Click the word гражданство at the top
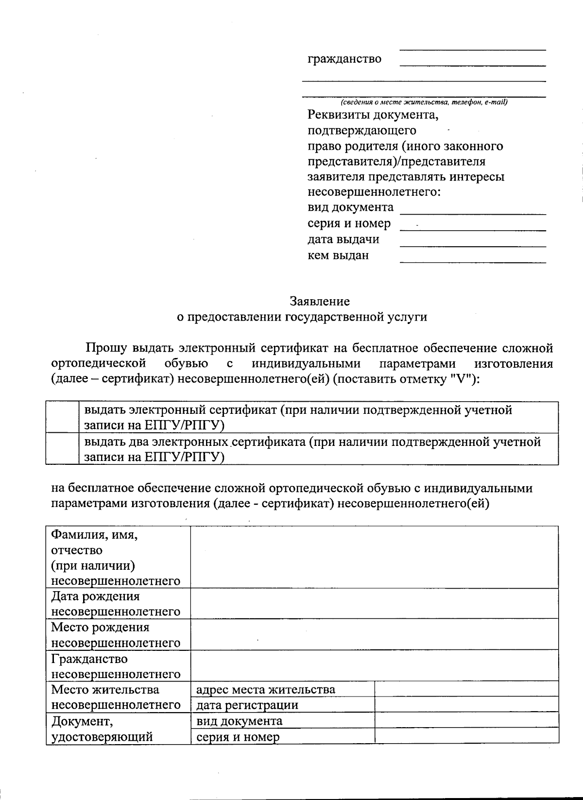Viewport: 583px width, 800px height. click(344, 59)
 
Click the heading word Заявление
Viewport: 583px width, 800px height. click(320, 301)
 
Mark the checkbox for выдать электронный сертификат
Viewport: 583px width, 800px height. click(63, 417)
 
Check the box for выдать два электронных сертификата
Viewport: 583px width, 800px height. click(63, 449)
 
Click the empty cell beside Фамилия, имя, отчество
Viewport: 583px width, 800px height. click(374, 558)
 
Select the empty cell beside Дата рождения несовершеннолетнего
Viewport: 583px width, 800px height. click(374, 603)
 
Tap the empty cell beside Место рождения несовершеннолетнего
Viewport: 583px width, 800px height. click(374, 634)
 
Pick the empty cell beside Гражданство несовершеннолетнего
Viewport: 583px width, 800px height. click(374, 666)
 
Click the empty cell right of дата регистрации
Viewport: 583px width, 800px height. click(466, 705)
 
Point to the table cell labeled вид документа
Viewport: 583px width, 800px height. click(239, 721)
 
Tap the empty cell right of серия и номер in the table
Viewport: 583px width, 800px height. click(466, 736)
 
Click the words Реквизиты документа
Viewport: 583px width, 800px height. click(373, 115)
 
